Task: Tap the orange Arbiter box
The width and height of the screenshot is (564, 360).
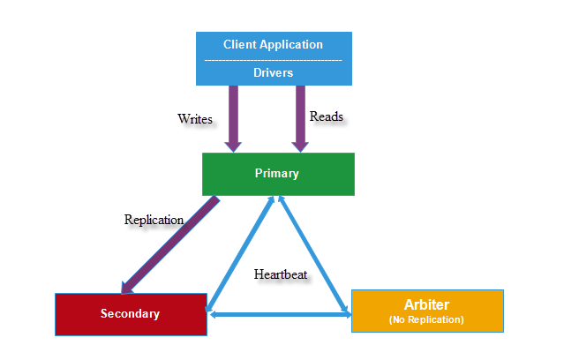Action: click(x=427, y=311)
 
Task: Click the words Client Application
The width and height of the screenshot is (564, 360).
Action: click(x=273, y=44)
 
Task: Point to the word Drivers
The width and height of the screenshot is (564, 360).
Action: click(x=273, y=73)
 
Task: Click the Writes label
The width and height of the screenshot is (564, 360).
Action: click(x=195, y=118)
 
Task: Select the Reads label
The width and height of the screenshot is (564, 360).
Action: click(x=325, y=116)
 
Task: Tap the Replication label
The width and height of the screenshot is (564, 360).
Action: click(x=154, y=220)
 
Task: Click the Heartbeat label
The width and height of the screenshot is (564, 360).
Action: click(x=281, y=274)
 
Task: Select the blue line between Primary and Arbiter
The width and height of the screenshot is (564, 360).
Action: click(x=314, y=255)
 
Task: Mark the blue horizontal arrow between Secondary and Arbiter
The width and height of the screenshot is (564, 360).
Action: click(x=279, y=315)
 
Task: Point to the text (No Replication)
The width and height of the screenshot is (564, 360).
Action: click(x=427, y=319)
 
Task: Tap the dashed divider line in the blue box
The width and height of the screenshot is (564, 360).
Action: click(x=273, y=59)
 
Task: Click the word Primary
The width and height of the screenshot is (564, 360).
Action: click(x=277, y=174)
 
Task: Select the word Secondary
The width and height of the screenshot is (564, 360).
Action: click(x=130, y=314)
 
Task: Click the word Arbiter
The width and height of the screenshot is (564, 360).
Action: click(x=427, y=304)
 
